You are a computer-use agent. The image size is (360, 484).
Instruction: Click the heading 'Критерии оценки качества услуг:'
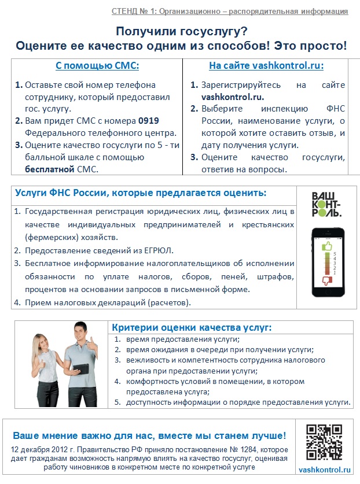click(191, 327)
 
